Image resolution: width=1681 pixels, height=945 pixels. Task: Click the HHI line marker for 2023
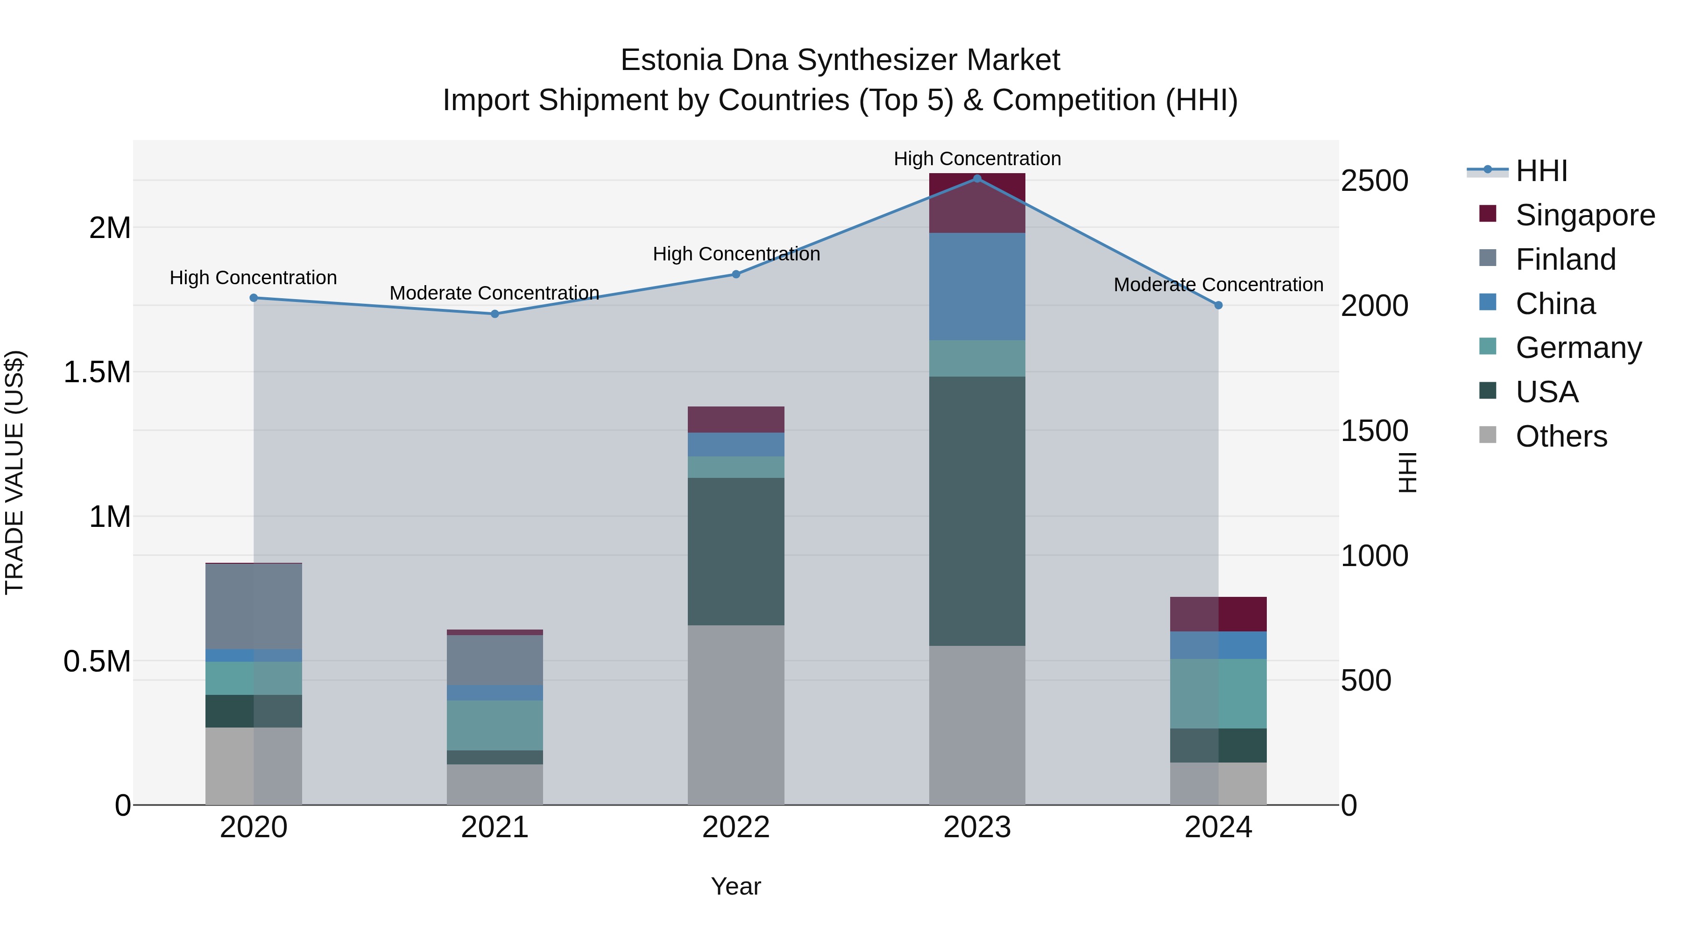point(977,179)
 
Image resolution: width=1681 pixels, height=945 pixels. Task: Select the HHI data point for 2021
point(494,314)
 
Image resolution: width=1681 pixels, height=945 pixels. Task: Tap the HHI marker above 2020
point(254,298)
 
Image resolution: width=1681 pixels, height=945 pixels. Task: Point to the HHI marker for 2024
point(1218,305)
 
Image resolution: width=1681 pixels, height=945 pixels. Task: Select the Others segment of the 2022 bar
point(736,715)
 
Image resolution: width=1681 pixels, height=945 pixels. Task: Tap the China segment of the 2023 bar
point(977,287)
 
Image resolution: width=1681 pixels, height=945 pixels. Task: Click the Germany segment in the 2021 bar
point(494,725)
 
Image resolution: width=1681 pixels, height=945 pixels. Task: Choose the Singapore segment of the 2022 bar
point(736,420)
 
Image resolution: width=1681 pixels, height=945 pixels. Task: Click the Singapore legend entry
point(1584,215)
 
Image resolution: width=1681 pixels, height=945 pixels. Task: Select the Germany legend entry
point(1578,348)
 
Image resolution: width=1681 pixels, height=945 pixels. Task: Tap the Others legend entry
point(1561,436)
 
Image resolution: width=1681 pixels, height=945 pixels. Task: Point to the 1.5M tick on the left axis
point(97,372)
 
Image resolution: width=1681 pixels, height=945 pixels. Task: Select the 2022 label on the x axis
point(736,827)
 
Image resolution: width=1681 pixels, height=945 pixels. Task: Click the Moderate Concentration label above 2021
point(494,293)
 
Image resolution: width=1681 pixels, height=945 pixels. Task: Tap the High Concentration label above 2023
point(977,159)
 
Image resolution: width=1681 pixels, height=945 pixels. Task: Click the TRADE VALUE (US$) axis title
point(14,472)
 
